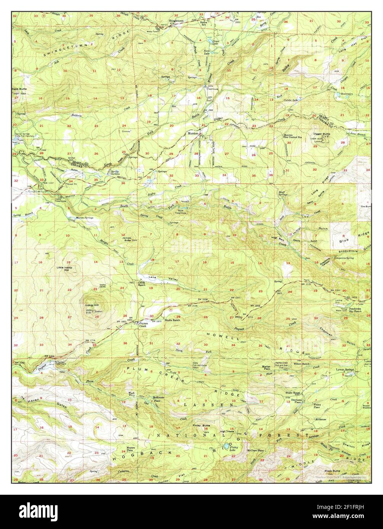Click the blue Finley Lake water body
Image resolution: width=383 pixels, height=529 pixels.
pos(226,446)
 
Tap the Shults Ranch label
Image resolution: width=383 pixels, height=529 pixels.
pos(172,320)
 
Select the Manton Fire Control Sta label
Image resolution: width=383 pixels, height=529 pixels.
pos(292,136)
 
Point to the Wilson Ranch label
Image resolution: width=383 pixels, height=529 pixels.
pos(301,364)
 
